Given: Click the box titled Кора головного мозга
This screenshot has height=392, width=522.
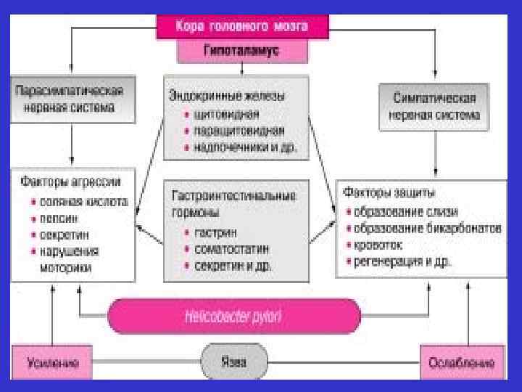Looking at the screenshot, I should tap(242, 27).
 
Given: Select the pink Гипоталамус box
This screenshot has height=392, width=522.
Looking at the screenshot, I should tap(242, 52).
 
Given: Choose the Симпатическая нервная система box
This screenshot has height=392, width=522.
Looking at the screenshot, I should tap(434, 107).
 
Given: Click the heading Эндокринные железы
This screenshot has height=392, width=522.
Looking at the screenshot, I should tap(226, 96).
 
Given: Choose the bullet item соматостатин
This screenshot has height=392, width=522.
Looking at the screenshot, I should tap(228, 249).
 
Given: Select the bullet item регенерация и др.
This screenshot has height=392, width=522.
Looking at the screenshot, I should tap(402, 261).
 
